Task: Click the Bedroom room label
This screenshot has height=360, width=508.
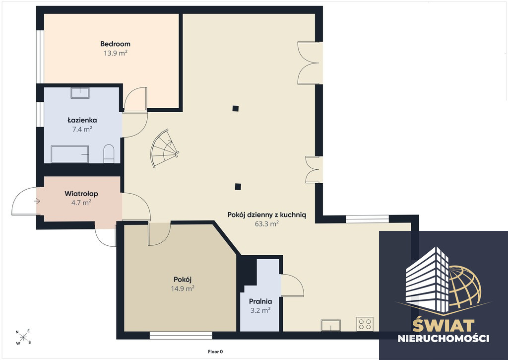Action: point(115,44)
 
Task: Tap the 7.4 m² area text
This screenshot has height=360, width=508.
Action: point(82,130)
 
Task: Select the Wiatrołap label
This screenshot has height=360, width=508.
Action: point(81,194)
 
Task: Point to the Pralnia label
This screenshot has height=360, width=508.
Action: point(260,301)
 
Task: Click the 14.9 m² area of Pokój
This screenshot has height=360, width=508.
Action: point(183,288)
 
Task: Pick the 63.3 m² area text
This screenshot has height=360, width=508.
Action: point(266,224)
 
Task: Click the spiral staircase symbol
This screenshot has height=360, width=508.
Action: point(164,148)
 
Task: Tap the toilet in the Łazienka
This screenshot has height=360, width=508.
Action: point(109,154)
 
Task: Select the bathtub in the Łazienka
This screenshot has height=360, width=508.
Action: point(69,154)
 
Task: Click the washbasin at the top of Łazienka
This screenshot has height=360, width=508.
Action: point(80,93)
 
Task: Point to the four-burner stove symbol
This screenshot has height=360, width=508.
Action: point(365,324)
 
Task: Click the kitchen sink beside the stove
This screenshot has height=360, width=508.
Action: point(331,325)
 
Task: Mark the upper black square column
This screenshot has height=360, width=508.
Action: point(236,108)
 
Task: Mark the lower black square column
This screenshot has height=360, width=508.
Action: point(238,187)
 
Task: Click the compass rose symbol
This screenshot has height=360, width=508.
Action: point(23,337)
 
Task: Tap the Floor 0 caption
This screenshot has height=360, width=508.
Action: point(215,352)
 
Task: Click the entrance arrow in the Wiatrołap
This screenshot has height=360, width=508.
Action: point(37,202)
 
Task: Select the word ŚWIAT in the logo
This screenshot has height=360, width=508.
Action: point(443,325)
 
